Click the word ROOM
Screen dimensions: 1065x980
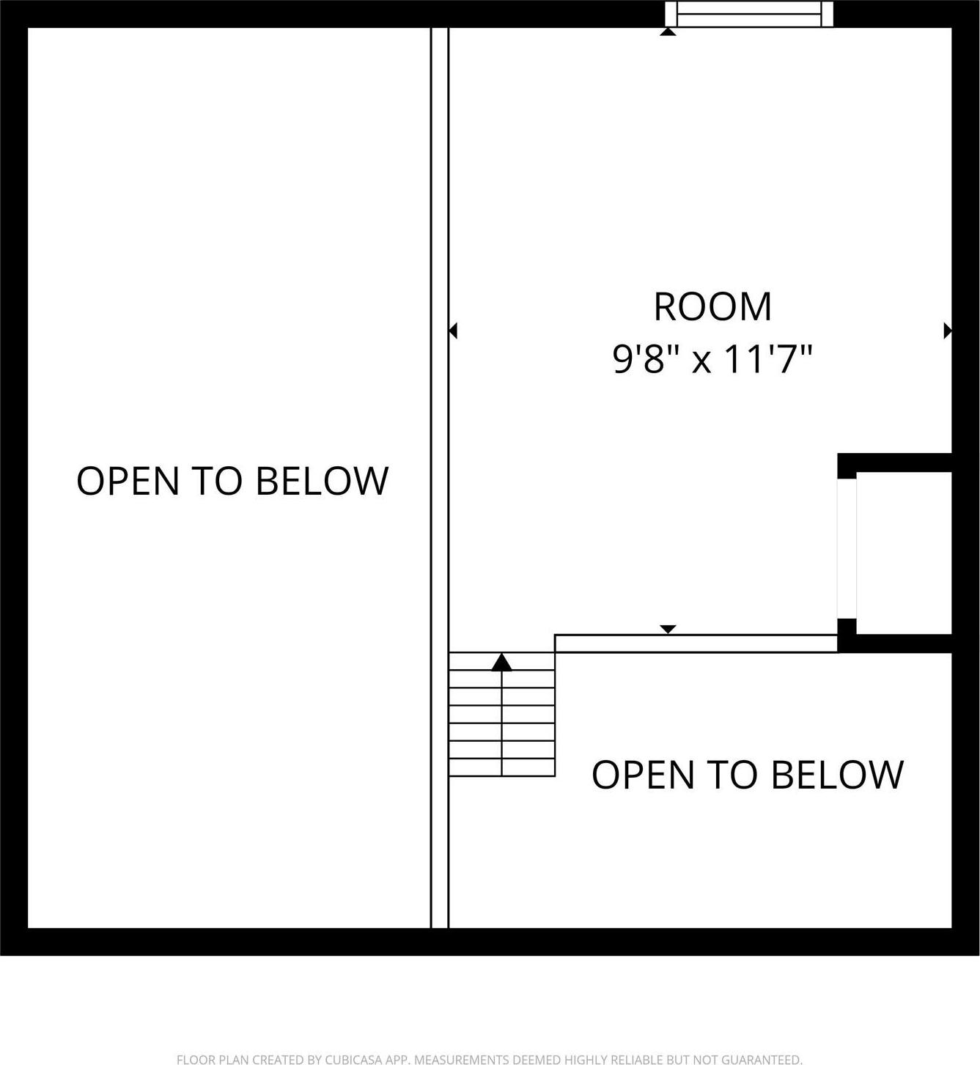(712, 307)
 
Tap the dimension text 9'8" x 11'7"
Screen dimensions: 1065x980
(712, 360)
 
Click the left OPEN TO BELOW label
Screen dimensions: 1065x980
(232, 481)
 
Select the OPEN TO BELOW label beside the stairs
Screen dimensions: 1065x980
(748, 774)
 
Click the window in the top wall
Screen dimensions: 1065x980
(749, 15)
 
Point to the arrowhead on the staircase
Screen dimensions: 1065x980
(501, 663)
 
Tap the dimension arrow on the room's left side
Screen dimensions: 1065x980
(453, 331)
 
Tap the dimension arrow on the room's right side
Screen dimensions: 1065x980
(947, 331)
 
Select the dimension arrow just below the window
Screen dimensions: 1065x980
(668, 32)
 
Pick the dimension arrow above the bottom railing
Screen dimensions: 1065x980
(668, 630)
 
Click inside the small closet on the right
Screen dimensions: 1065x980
(903, 553)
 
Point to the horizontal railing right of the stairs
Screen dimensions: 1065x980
(696, 644)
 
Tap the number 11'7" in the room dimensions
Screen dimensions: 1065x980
(769, 360)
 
